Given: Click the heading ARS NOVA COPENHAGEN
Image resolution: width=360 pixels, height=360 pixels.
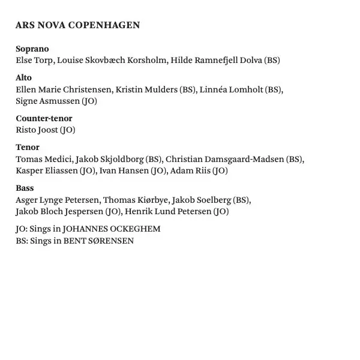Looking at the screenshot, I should click(77, 25).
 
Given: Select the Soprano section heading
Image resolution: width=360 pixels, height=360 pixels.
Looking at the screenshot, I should click(32, 49).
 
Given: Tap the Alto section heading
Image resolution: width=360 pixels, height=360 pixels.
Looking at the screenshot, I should click(24, 77).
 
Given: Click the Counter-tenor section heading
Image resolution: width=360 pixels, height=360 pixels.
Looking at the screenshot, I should click(44, 118).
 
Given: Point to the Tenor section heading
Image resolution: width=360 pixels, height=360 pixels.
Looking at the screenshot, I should click(28, 147).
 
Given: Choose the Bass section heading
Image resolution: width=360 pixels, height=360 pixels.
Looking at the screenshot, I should click(25, 188).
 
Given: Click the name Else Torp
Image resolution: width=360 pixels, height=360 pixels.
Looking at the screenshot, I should click(34, 60).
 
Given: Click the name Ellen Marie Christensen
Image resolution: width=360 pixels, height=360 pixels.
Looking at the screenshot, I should click(64, 89).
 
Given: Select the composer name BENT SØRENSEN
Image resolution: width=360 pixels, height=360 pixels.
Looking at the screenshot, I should click(98, 241).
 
